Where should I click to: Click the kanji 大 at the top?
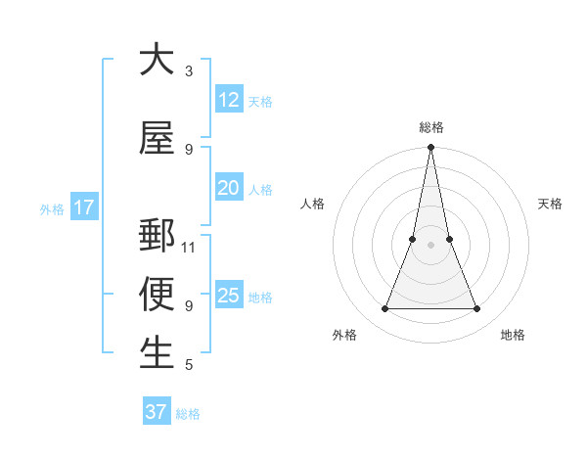(x=157, y=60)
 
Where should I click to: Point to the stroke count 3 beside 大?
(x=189, y=71)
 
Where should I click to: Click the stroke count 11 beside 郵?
(x=189, y=248)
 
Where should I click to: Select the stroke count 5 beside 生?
(x=189, y=365)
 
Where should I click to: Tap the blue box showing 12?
(x=228, y=100)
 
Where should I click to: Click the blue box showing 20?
(x=228, y=188)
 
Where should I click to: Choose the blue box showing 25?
(x=228, y=296)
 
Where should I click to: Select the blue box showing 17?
(x=83, y=207)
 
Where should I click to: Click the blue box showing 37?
(x=156, y=412)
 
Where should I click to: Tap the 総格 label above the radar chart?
(x=431, y=127)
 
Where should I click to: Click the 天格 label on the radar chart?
(x=550, y=204)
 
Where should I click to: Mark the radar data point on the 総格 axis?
(x=430, y=148)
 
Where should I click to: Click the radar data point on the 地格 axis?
(x=477, y=309)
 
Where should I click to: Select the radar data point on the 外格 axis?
(x=384, y=309)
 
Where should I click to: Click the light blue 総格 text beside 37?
(x=188, y=414)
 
